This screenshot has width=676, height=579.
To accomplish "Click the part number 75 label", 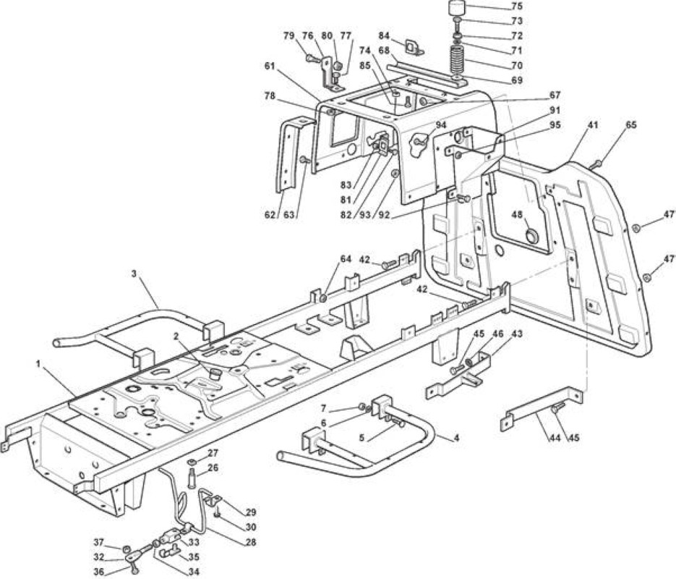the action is pyautogui.click(x=517, y=7).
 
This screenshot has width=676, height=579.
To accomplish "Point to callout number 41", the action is pyautogui.click(x=593, y=125).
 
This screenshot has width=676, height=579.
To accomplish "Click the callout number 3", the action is pyautogui.click(x=134, y=274).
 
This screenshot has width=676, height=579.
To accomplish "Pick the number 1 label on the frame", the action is pyautogui.click(x=38, y=365).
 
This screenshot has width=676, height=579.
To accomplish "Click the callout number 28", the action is pyautogui.click(x=250, y=542).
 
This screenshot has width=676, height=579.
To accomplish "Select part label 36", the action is pyautogui.click(x=99, y=572).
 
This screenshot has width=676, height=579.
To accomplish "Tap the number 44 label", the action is pyautogui.click(x=555, y=438).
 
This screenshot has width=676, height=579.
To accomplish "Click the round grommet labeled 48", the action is pyautogui.click(x=532, y=237).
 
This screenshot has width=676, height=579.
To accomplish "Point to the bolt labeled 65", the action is pyautogui.click(x=596, y=164).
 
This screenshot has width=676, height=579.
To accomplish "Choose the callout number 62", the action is pyautogui.click(x=270, y=214).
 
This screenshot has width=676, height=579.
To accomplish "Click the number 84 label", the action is pyautogui.click(x=384, y=35).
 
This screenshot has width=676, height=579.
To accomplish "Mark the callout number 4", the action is pyautogui.click(x=456, y=438).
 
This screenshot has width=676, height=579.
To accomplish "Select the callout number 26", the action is pyautogui.click(x=213, y=468).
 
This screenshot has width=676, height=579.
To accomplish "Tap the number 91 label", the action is pyautogui.click(x=555, y=109).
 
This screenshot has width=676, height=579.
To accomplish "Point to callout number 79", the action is pyautogui.click(x=289, y=35).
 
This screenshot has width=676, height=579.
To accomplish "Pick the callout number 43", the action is pyautogui.click(x=516, y=334).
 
